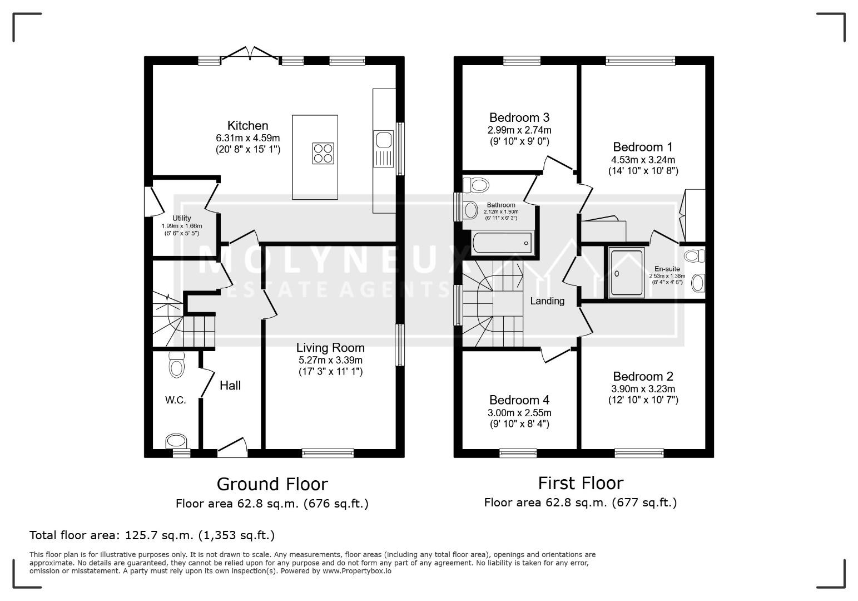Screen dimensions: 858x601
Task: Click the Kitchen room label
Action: [248, 125]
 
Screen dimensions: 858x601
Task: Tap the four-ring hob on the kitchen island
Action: [323, 154]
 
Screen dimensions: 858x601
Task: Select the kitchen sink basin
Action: [384, 140]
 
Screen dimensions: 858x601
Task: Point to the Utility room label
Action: [182, 218]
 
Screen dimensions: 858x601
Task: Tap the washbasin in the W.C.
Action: [176, 441]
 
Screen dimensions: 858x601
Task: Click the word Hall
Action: [230, 385]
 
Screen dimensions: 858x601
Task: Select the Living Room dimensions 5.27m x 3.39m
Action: [330, 360]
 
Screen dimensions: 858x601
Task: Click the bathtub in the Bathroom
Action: [502, 243]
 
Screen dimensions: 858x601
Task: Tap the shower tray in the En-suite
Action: [627, 273]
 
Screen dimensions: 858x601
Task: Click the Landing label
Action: [547, 301]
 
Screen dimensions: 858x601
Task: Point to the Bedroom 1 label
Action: [643, 147]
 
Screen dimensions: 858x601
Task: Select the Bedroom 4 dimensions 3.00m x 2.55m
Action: [519, 413]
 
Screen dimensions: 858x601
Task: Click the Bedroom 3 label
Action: [519, 117]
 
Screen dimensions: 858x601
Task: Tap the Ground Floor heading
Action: [272, 484]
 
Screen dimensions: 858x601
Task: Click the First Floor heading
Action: [581, 483]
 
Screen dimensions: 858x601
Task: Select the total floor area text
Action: [152, 535]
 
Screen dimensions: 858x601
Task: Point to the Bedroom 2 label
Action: [643, 376]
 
